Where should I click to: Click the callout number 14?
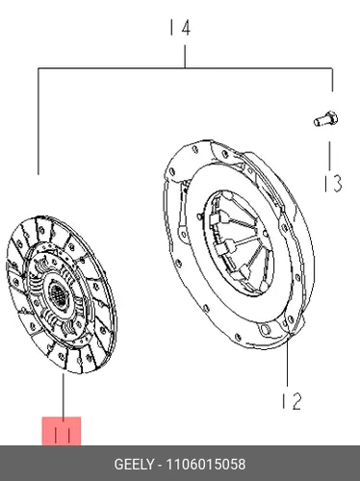(x=180, y=28)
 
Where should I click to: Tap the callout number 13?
(x=333, y=183)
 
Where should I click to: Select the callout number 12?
(x=292, y=401)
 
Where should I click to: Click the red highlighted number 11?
(x=62, y=431)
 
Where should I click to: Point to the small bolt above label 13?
(x=325, y=119)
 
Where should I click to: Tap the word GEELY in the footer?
(x=134, y=464)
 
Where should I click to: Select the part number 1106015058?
(x=206, y=464)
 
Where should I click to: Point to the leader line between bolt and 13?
(x=329, y=156)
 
